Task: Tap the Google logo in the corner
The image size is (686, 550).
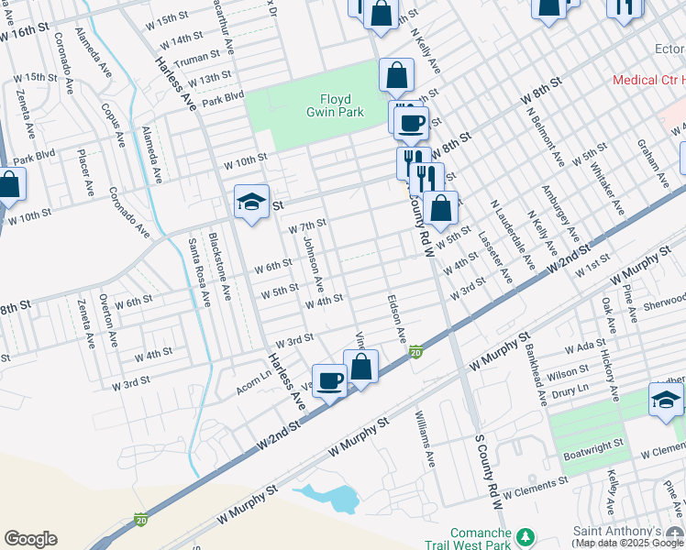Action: (30, 539)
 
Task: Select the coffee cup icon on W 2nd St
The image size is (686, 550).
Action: (329, 380)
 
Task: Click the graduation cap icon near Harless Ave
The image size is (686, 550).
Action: (250, 203)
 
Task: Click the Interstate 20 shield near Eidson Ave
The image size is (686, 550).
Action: (415, 352)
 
